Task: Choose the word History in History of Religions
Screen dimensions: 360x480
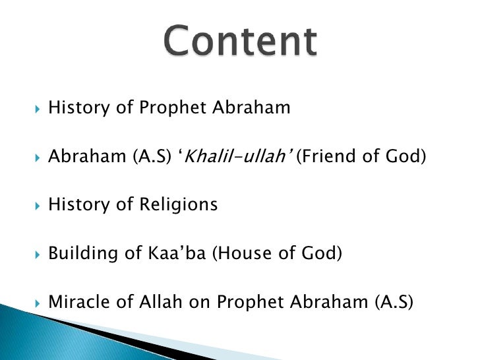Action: click(76, 205)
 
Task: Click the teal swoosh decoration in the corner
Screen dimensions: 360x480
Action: click(40, 330)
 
